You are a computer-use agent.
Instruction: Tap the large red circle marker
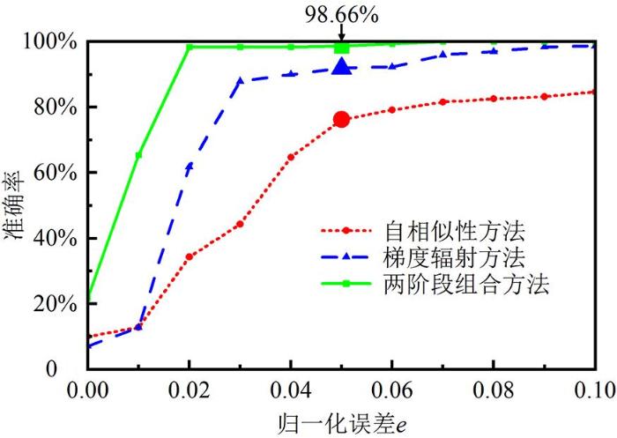(x=342, y=119)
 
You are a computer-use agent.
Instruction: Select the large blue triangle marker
(x=342, y=67)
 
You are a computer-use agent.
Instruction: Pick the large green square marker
(x=342, y=47)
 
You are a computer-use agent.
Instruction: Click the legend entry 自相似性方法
(x=454, y=232)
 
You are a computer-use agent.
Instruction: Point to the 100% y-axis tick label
(x=59, y=42)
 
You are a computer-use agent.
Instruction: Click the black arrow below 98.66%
(x=342, y=33)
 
